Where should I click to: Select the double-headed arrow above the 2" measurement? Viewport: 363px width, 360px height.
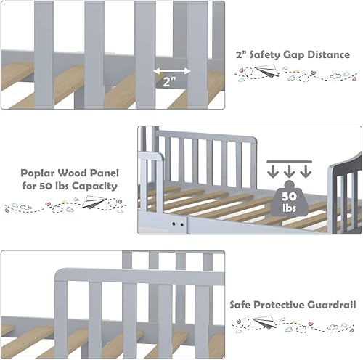tap(172, 71)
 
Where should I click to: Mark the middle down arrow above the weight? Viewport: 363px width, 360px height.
tap(288, 171)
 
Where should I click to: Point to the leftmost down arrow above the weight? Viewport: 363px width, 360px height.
tap(273, 171)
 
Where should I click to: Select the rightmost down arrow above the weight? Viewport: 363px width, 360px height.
tap(305, 171)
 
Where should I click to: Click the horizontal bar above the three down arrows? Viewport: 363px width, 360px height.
tap(288, 161)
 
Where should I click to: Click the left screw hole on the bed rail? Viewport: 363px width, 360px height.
tap(174, 225)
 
